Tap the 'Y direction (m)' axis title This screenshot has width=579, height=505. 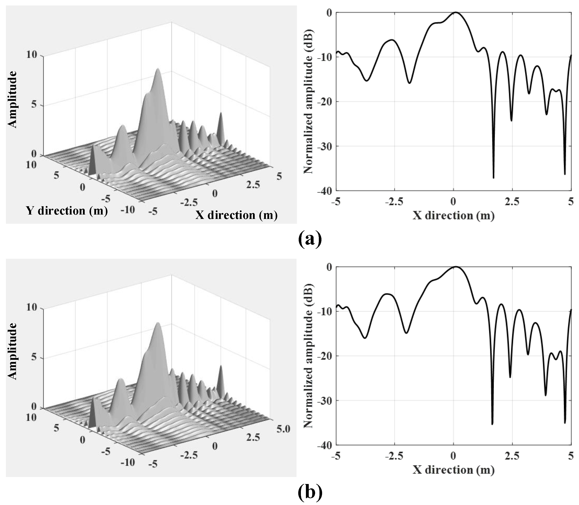coord(67,211)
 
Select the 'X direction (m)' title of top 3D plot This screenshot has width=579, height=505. coord(236,215)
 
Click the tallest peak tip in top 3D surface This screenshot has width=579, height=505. coord(158,68)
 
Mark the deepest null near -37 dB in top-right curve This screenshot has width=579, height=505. coord(493,178)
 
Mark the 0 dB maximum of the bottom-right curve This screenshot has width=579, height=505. coord(456,267)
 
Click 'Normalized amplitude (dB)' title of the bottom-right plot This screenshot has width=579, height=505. coord(308,356)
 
